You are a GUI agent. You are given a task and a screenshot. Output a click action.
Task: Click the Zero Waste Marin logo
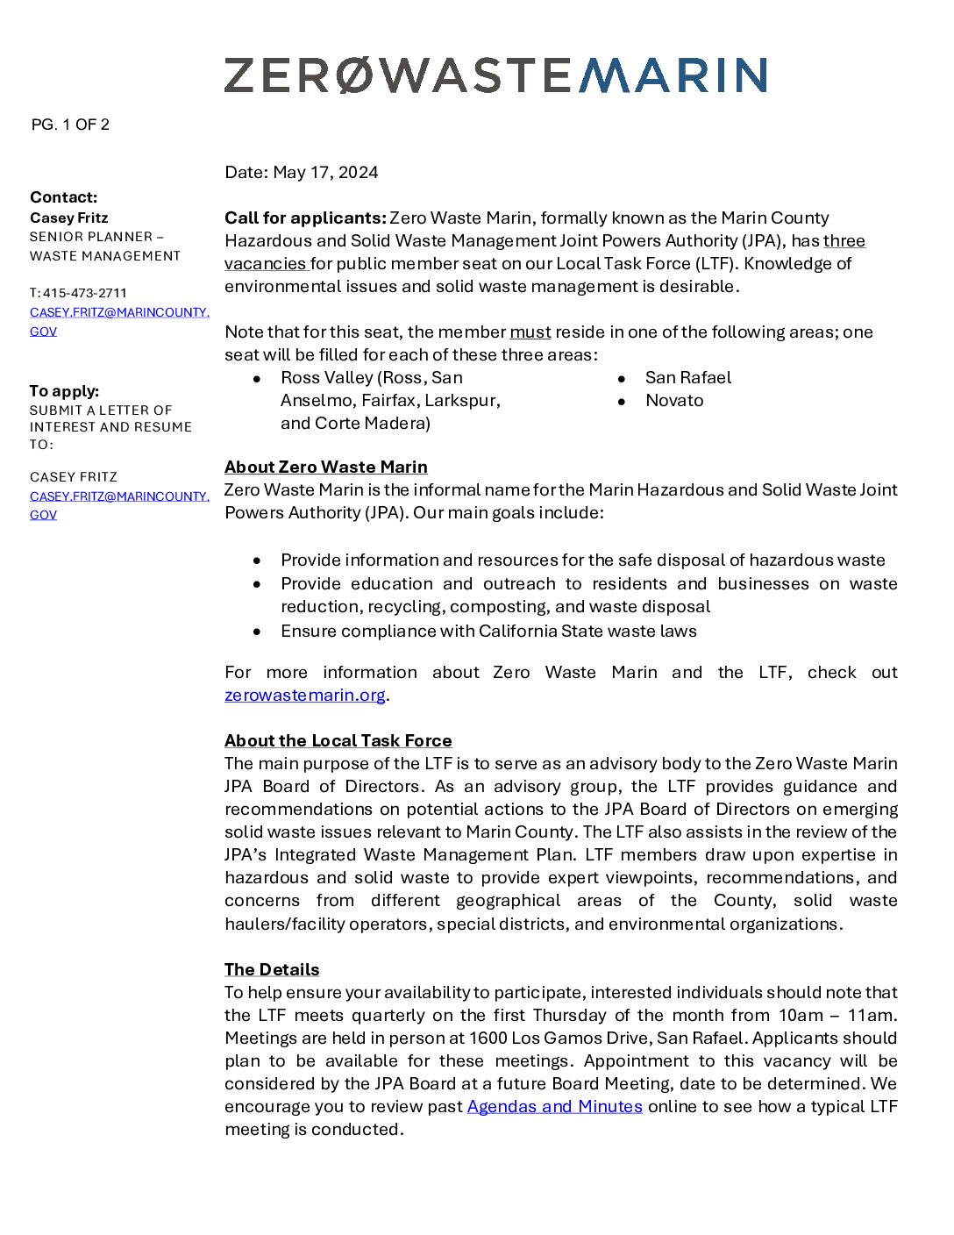[495, 75]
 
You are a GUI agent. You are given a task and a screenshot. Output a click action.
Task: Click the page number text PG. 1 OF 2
[70, 125]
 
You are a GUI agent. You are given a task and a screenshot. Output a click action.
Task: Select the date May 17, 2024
[325, 172]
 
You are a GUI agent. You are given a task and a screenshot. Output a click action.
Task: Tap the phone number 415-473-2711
[84, 293]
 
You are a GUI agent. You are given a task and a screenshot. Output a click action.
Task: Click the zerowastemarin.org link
[304, 696]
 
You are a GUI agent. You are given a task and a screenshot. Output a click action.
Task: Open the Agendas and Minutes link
[554, 1107]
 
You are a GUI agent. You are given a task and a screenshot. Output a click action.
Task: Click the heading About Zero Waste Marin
[325, 467]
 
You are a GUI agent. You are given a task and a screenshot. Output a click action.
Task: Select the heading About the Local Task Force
[338, 740]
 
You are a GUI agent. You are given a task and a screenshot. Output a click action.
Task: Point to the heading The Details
[272, 969]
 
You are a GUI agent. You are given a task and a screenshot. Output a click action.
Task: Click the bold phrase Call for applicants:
[305, 218]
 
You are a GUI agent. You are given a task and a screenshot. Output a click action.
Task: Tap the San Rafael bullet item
[687, 377]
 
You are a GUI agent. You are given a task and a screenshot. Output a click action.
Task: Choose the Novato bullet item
[673, 400]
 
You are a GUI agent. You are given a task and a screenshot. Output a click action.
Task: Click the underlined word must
[530, 332]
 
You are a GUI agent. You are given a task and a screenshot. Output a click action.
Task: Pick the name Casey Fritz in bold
[69, 218]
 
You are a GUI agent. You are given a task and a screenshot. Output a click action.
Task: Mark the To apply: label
[64, 391]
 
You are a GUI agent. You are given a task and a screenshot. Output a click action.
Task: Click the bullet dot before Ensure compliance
[257, 632]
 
